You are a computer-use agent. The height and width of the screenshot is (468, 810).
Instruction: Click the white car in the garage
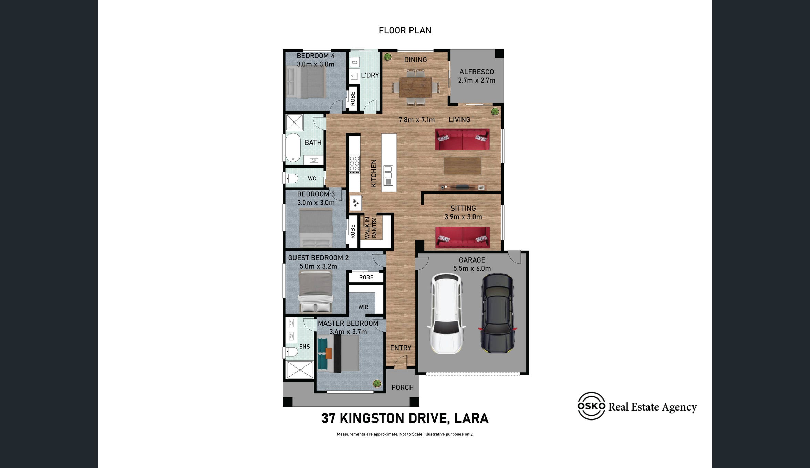pyautogui.click(x=446, y=313)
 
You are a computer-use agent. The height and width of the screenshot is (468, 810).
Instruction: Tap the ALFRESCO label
pyautogui.click(x=477, y=72)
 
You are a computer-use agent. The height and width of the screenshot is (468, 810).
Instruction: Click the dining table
pyautogui.click(x=416, y=87)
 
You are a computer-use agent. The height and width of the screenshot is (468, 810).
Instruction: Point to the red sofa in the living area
pyautogui.click(x=462, y=139)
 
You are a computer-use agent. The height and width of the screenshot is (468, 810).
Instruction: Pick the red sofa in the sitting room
pyautogui.click(x=463, y=237)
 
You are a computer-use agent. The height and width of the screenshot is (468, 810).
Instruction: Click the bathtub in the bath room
pyautogui.click(x=293, y=147)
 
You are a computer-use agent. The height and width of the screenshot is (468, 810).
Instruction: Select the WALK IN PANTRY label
pyautogui.click(x=371, y=228)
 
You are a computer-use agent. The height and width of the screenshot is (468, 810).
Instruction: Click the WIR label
pyautogui.click(x=363, y=307)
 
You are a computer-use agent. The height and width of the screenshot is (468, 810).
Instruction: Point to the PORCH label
pyautogui.click(x=402, y=387)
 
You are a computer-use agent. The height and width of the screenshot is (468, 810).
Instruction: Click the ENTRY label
pyautogui.click(x=401, y=348)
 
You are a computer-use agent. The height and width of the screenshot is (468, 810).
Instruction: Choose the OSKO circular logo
pyautogui.click(x=591, y=406)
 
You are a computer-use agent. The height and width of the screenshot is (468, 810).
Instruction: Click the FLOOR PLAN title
pyautogui.click(x=405, y=30)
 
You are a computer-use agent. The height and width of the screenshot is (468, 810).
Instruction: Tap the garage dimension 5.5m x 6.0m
pyautogui.click(x=472, y=268)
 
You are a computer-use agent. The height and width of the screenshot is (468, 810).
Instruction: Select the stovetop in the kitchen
pyautogui.click(x=354, y=163)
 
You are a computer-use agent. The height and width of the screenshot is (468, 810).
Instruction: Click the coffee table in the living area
pyautogui.click(x=462, y=166)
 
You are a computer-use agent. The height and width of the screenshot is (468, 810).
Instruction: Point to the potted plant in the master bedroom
pyautogui.click(x=377, y=383)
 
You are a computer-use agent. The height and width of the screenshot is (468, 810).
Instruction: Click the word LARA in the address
pyautogui.click(x=471, y=418)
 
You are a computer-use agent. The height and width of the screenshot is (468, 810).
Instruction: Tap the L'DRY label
pyautogui.click(x=370, y=75)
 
